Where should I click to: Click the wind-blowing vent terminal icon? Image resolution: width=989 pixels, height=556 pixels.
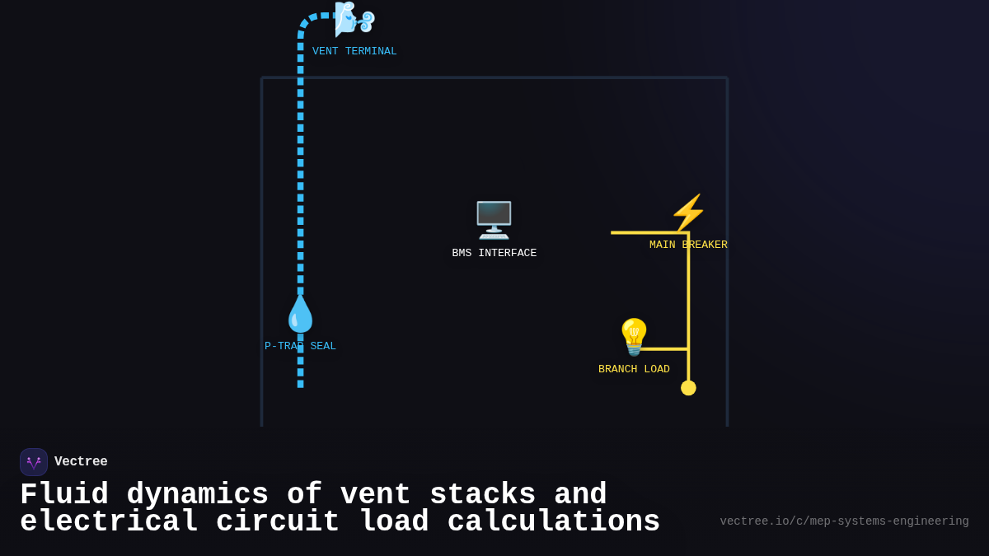pos(354,19)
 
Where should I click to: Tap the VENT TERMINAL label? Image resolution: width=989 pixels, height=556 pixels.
pos(354,51)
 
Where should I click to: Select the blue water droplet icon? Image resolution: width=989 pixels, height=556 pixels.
pos(300,314)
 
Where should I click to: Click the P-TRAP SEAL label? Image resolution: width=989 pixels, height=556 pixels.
pos(300,346)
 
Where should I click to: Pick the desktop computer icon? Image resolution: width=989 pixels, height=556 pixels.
pos(494,220)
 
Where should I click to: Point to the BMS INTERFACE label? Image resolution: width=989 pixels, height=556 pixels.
pos(494,253)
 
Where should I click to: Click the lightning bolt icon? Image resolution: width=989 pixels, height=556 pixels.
pos(688,213)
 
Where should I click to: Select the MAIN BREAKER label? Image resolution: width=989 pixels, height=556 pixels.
pos(688,245)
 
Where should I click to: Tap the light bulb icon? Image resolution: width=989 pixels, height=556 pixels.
pos(634,337)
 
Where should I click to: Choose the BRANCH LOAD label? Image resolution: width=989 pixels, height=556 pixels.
pos(634,369)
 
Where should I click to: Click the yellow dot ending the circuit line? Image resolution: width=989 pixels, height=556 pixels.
pos(688,388)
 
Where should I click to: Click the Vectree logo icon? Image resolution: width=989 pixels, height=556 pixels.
pos(34,462)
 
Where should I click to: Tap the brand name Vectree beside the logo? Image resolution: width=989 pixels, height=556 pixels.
pos(81,462)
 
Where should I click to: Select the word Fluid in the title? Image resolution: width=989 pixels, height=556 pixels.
pos(64,494)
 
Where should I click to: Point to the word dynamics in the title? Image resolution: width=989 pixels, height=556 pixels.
pos(198,494)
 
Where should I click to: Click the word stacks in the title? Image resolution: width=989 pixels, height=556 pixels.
pos(483,494)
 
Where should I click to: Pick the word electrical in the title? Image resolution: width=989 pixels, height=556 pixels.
pos(109,522)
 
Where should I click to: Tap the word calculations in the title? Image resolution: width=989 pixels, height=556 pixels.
pos(553,522)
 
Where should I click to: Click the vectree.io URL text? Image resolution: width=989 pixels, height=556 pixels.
pos(844,521)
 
